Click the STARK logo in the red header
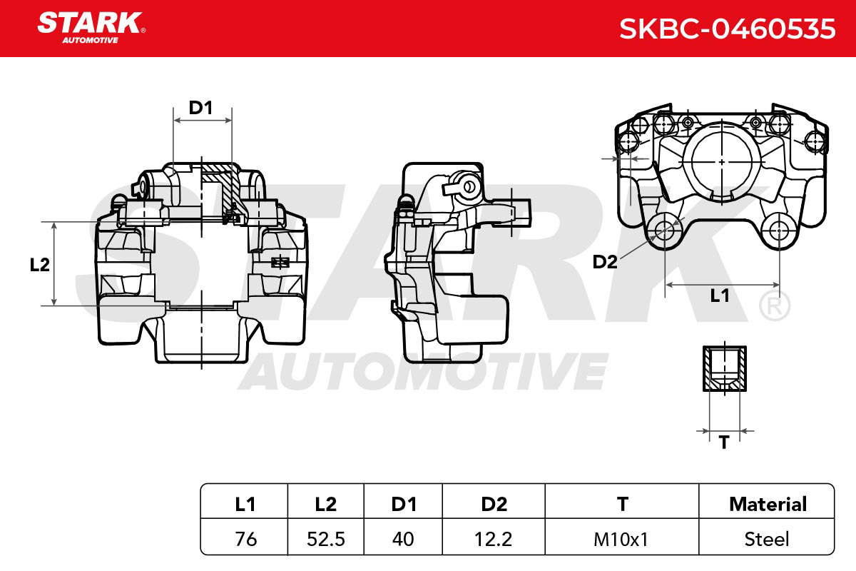91,28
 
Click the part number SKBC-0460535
727,29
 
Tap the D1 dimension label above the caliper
200,108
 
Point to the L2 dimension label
40,265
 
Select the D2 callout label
605,262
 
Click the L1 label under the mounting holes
720,295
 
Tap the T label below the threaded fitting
724,443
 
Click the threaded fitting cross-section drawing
725,369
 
